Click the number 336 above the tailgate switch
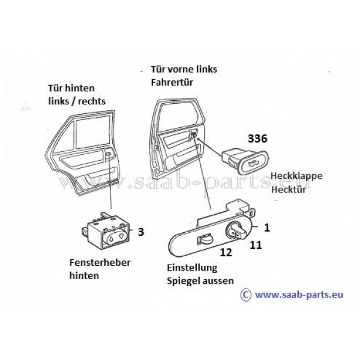[257, 139]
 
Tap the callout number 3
[141, 232]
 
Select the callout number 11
[256, 245]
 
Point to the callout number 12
[226, 253]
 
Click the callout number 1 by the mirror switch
[267, 228]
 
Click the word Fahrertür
[172, 82]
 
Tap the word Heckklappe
[296, 176]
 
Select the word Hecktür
[289, 190]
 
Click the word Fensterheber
[100, 262]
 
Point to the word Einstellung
[192, 268]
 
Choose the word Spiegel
[182, 281]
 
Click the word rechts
[92, 101]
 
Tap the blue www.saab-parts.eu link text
[299, 295]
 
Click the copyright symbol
[246, 295]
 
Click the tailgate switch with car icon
[245, 161]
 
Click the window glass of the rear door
[92, 132]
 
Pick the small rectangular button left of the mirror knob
[205, 239]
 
